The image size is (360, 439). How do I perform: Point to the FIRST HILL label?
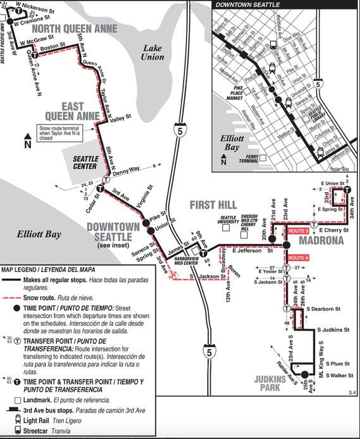pos(213,205)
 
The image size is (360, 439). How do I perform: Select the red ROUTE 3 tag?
pos(298,232)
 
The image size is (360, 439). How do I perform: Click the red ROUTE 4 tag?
pos(298,258)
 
